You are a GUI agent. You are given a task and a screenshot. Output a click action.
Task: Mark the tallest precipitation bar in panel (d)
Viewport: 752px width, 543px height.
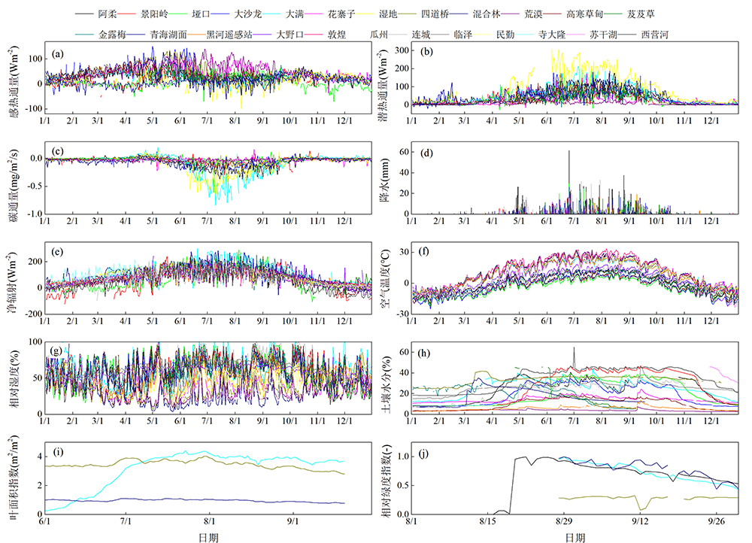click(569, 152)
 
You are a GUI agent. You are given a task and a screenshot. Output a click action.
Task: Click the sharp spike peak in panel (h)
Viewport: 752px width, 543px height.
click(575, 348)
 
